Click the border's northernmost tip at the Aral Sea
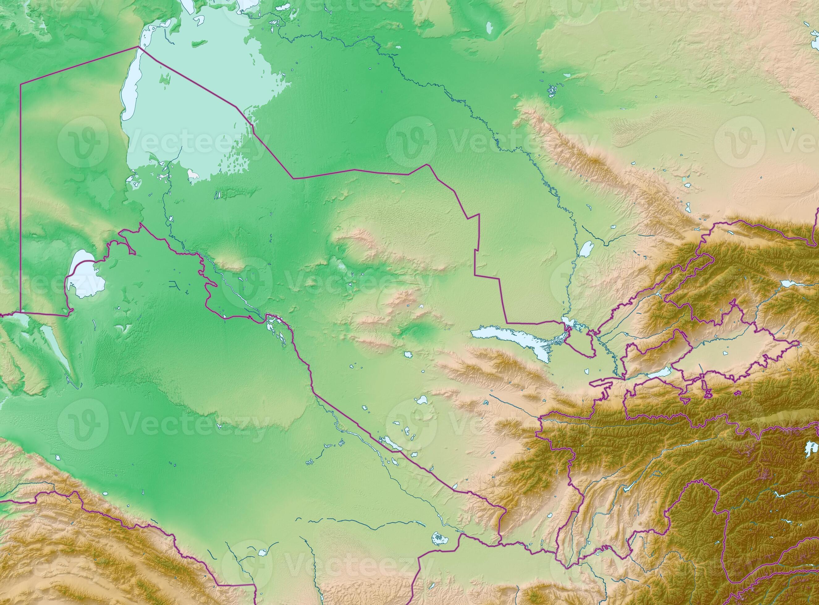138,47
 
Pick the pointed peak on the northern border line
426,165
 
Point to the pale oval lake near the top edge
489,27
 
